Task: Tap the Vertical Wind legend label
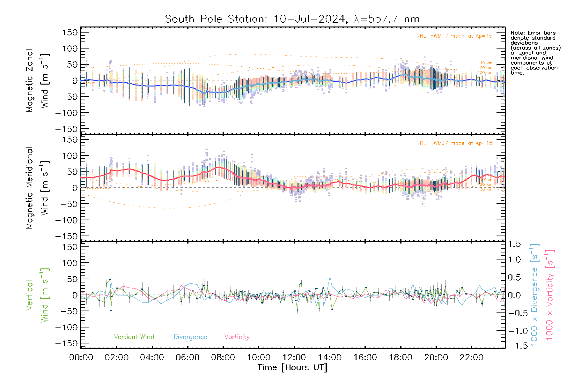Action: tap(134, 337)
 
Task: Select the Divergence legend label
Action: tap(190, 337)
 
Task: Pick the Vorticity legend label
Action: tap(237, 337)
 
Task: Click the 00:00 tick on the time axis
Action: tap(81, 357)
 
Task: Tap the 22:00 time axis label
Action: tap(471, 357)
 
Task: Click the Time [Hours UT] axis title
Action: tap(292, 367)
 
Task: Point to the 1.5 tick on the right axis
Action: tap(514, 244)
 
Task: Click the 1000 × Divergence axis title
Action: tap(534, 294)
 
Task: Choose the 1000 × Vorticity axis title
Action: tap(550, 294)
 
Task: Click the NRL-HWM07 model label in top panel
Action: tap(454, 36)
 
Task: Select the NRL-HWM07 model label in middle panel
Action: tap(454, 143)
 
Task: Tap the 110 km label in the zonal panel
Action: tap(485, 63)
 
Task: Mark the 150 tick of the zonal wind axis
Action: tap(70, 32)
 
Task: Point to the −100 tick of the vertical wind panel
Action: tap(66, 327)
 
